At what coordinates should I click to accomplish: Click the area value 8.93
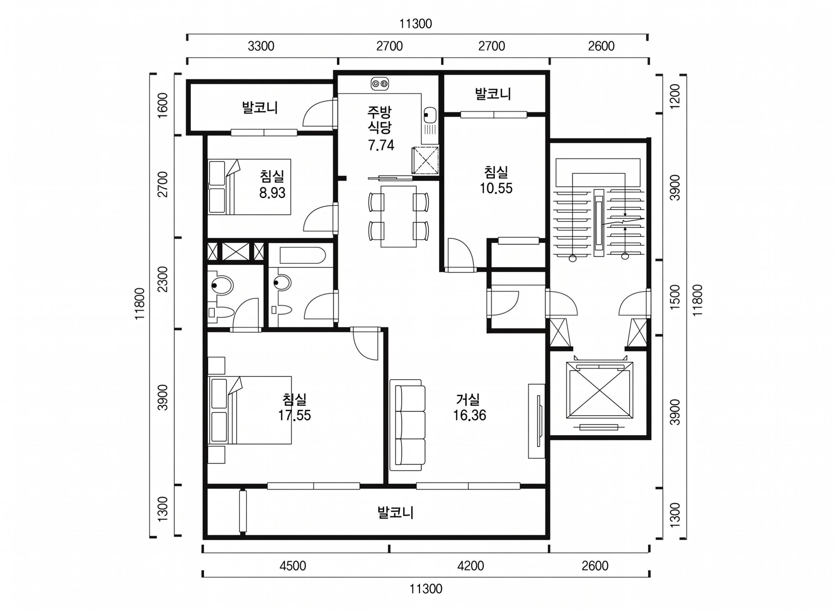point(272,193)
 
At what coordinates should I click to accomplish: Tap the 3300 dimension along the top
point(261,46)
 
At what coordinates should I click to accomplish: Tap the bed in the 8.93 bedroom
point(249,187)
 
